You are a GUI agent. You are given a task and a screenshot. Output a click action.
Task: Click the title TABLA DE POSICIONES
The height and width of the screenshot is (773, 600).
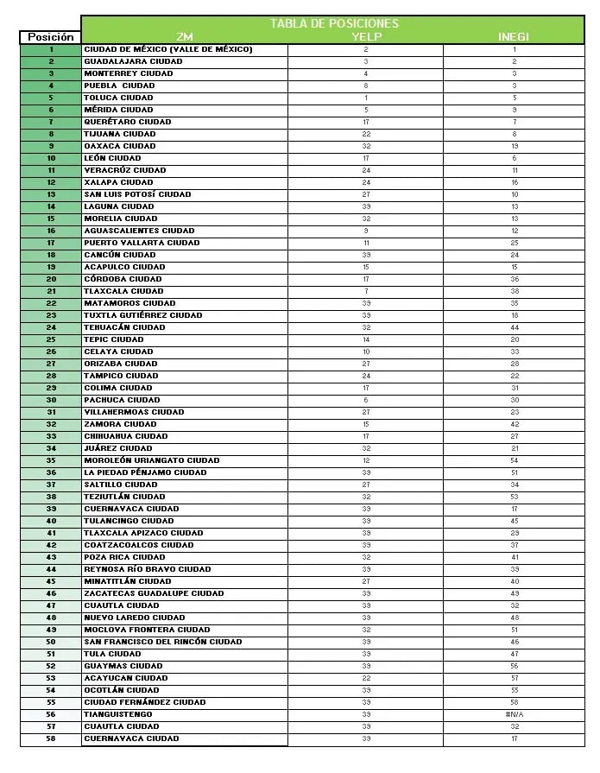click(x=334, y=23)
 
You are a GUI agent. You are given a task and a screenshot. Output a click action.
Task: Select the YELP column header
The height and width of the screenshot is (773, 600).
click(x=366, y=37)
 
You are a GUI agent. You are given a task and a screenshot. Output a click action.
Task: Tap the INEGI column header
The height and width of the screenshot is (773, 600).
click(x=514, y=37)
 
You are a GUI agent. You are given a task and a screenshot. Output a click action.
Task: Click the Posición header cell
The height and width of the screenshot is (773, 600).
click(x=51, y=37)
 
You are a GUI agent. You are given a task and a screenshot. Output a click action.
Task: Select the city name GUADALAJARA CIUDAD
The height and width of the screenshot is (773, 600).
click(x=133, y=61)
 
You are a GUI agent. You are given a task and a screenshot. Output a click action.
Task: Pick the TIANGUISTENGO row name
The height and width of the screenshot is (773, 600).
click(x=118, y=714)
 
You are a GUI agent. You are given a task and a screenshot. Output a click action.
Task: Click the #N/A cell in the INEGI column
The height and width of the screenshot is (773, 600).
click(x=515, y=714)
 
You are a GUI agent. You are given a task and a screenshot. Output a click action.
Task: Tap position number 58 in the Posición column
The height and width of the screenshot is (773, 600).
click(x=51, y=738)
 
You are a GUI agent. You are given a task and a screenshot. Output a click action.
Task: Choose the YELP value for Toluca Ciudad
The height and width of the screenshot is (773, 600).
click(x=366, y=98)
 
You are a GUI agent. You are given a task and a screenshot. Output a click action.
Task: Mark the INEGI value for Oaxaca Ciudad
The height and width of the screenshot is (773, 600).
click(x=515, y=146)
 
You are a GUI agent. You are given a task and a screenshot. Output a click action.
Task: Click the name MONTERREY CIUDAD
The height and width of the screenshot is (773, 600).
click(x=129, y=73)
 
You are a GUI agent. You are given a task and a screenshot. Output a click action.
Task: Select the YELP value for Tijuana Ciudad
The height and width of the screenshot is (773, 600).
click(x=366, y=134)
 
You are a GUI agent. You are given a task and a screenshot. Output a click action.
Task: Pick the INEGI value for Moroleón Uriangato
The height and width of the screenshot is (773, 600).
click(x=515, y=460)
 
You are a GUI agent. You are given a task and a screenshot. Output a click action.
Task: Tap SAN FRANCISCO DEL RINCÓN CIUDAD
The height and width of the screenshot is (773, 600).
click(x=163, y=642)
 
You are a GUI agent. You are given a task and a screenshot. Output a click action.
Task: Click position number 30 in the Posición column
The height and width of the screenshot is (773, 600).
click(x=51, y=400)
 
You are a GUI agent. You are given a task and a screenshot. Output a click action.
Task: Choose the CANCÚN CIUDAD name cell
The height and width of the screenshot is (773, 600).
click(x=120, y=255)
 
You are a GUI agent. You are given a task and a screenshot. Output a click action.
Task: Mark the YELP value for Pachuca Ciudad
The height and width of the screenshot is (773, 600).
click(x=366, y=400)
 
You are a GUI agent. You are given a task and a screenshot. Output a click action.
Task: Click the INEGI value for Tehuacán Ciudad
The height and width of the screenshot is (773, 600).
click(x=515, y=327)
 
